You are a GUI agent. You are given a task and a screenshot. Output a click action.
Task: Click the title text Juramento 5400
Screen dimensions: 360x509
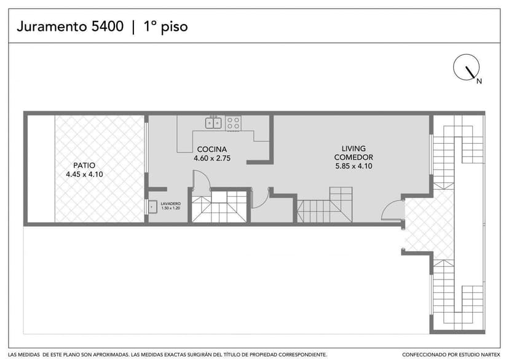[69, 26]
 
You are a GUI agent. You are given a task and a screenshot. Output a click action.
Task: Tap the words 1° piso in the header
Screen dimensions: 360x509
[165, 26]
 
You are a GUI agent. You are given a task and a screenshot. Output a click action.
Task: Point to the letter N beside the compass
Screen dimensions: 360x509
[479, 80]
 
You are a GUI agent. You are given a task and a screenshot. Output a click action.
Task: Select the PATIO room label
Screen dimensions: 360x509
[84, 165]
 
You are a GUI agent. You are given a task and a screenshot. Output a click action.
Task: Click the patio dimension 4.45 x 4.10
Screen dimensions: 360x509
[84, 174]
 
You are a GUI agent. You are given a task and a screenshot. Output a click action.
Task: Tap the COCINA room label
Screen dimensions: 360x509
[211, 149]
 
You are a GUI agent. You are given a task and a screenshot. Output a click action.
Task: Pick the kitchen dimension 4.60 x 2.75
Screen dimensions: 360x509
[211, 158]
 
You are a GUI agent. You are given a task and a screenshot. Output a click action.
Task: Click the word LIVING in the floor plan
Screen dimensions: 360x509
[354, 149]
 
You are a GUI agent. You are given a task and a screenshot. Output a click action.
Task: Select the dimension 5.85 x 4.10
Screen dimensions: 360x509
[353, 166]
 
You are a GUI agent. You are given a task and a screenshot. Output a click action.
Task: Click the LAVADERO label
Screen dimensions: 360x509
[170, 203]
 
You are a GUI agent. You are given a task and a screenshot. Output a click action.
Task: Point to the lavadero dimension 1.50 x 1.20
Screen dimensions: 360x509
[170, 208]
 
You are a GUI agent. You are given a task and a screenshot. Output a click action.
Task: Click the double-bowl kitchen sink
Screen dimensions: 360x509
[214, 123]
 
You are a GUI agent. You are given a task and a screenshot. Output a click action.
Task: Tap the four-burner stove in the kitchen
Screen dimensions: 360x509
[233, 123]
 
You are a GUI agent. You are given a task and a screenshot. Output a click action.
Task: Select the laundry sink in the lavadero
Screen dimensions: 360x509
[152, 207]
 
